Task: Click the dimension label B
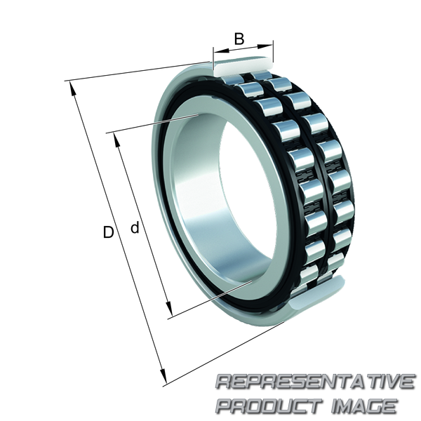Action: coord(239,39)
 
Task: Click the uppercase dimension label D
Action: coord(109,232)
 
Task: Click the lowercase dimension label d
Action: coord(135,227)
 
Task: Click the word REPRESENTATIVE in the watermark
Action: coord(316,382)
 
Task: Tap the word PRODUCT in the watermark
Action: coord(269,406)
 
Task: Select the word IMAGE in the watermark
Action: coord(364,406)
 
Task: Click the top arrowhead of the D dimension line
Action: coord(72,88)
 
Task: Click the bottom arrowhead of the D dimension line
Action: coord(163,377)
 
